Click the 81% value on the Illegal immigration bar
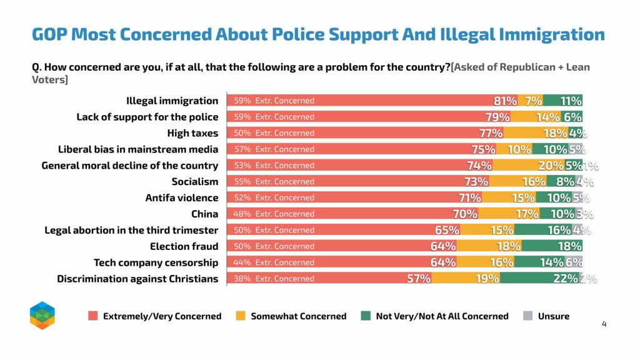tap(505, 101)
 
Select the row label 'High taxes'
tap(192, 133)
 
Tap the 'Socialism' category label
tap(195, 182)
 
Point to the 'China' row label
tap(204, 214)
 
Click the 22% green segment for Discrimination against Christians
tap(539, 278)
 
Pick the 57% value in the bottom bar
tap(418, 279)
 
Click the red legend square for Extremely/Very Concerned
tap(93, 316)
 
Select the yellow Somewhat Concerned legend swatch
tap(241, 316)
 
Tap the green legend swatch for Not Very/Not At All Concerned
tap(366, 316)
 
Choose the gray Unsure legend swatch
tap(527, 316)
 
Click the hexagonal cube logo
tap(42, 316)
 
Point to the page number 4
tap(604, 324)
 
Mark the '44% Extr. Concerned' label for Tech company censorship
tap(274, 262)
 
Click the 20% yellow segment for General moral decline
tap(529, 165)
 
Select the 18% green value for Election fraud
tap(570, 246)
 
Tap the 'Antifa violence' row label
tap(182, 198)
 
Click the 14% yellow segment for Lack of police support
tap(536, 117)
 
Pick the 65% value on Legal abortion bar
tap(447, 230)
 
